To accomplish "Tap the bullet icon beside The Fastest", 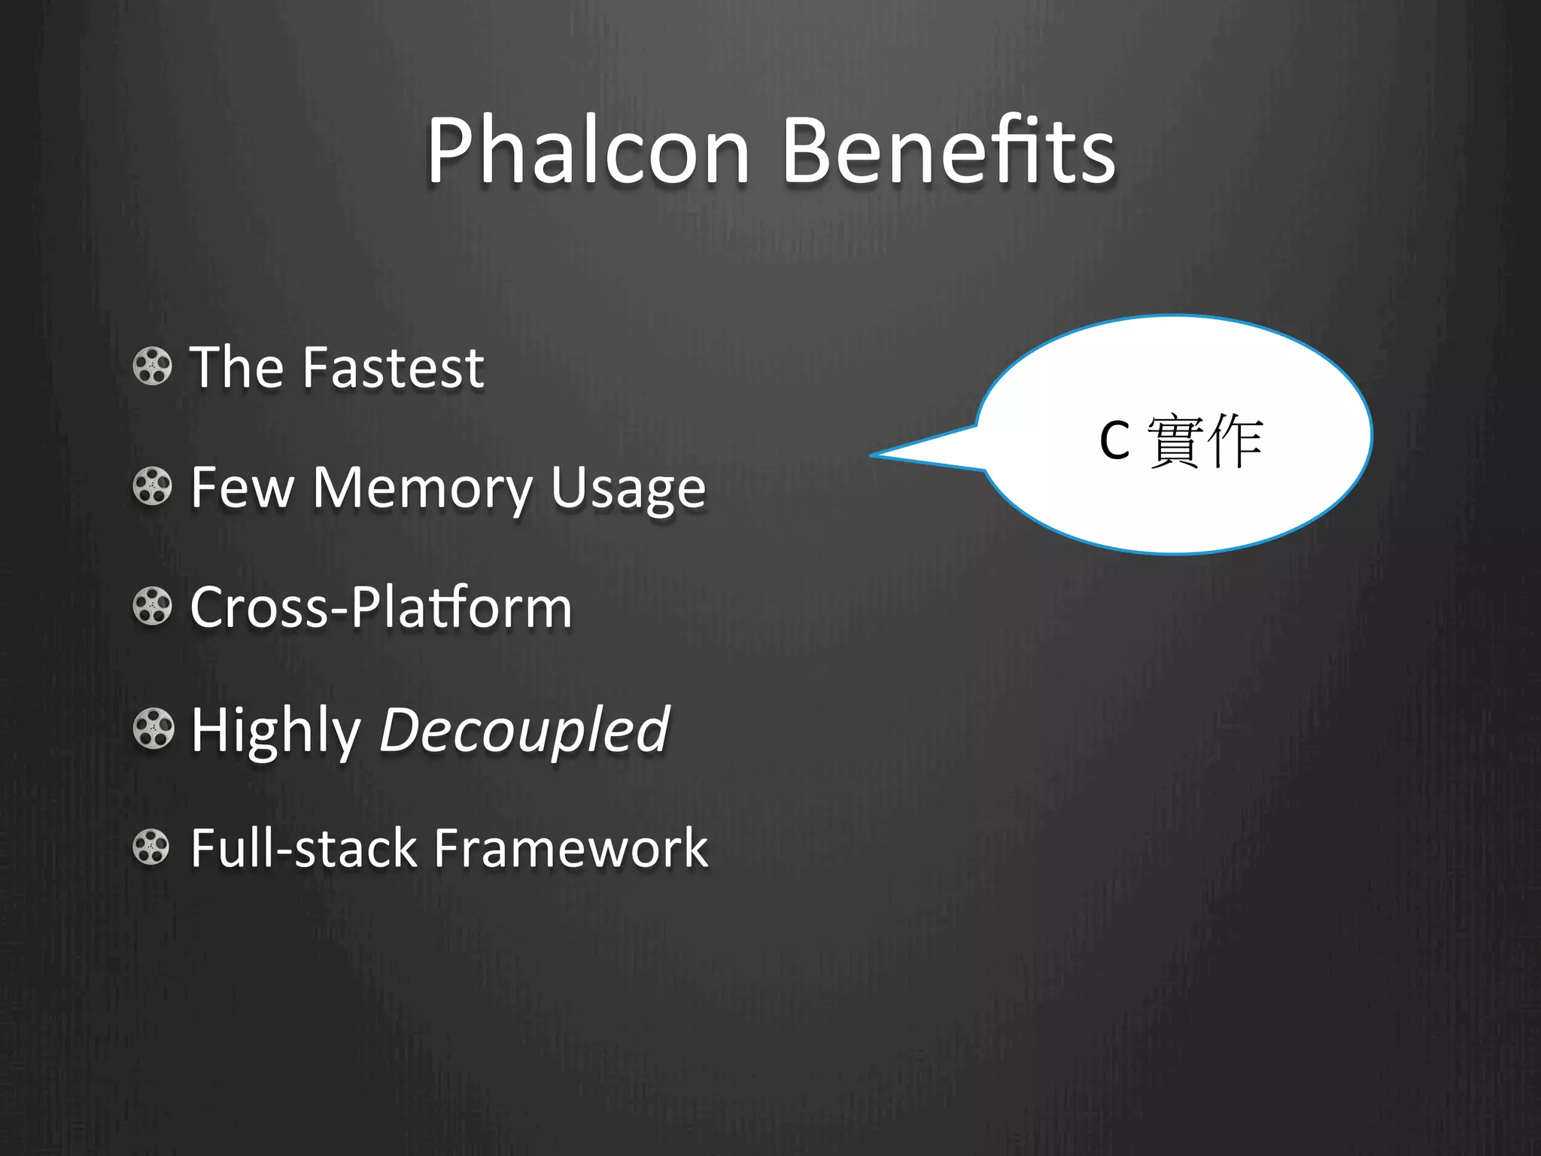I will (153, 367).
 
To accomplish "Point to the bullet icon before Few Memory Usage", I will (153, 486).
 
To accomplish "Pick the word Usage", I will (628, 491).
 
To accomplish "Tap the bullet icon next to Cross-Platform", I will (153, 607).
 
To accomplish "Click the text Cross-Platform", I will (381, 607).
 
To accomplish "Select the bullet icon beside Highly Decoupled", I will (153, 729).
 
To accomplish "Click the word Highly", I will (276, 730).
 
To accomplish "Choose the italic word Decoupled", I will (524, 730).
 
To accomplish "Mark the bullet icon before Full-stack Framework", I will (153, 847).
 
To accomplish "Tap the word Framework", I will (571, 848).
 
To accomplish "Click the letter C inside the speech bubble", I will (1114, 441).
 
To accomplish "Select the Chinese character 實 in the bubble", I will (1175, 441).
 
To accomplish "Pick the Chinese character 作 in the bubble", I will (1235, 441).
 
